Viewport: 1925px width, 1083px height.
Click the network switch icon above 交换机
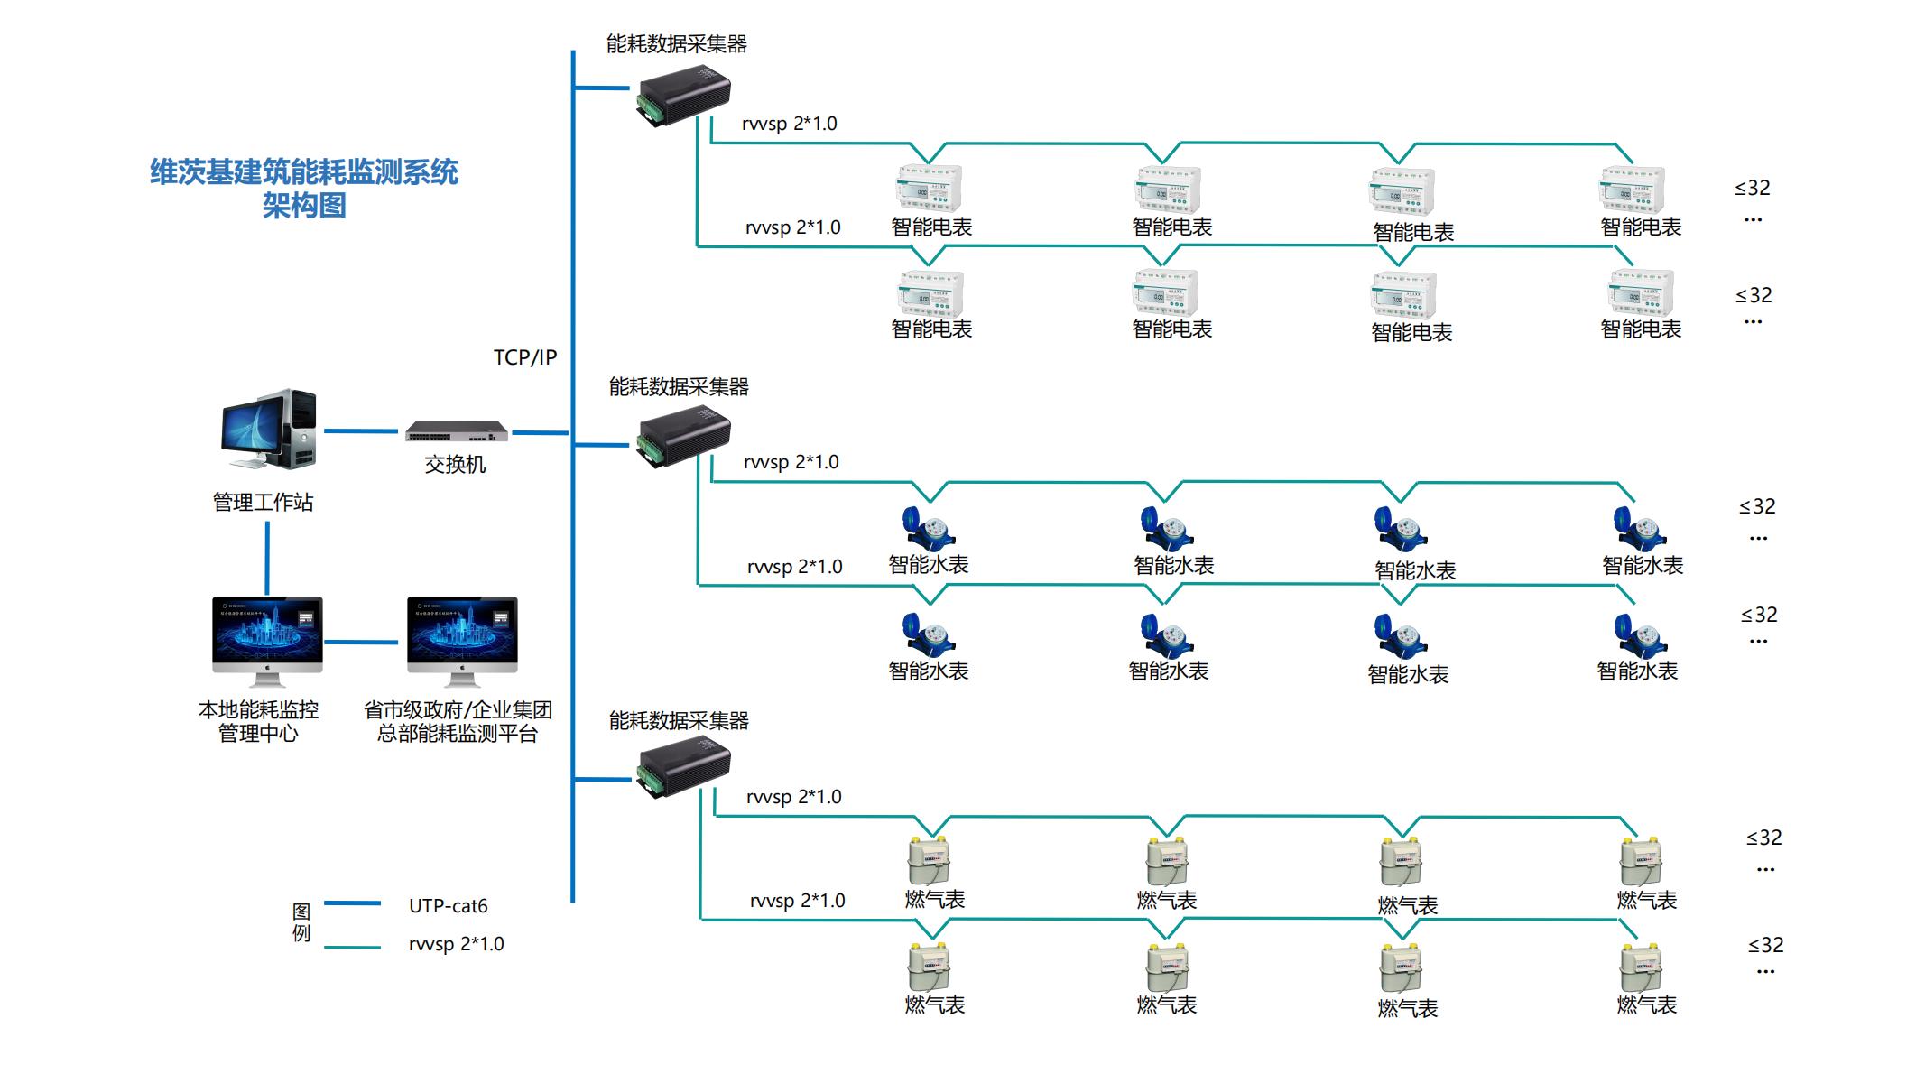(457, 432)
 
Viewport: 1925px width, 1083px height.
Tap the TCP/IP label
(524, 357)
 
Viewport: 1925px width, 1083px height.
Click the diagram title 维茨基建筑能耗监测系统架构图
(304, 189)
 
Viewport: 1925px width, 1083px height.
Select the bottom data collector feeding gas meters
(684, 767)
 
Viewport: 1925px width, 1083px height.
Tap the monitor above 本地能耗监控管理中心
(267, 640)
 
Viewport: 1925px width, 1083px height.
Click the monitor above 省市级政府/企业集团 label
(462, 640)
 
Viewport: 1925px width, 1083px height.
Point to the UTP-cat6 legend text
(448, 906)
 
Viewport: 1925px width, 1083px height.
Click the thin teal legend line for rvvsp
(352, 948)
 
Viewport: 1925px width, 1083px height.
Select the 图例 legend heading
(301, 922)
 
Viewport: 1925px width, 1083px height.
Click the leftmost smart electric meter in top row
(929, 190)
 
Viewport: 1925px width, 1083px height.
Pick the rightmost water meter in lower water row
(1640, 636)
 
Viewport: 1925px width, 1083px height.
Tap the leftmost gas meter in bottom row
(929, 967)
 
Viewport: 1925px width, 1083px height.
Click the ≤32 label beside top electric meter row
(1752, 189)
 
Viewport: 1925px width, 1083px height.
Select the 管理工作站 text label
(263, 503)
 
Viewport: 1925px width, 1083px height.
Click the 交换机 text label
(455, 465)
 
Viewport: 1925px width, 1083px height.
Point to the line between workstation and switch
(360, 431)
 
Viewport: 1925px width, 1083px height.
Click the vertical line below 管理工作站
(267, 558)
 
